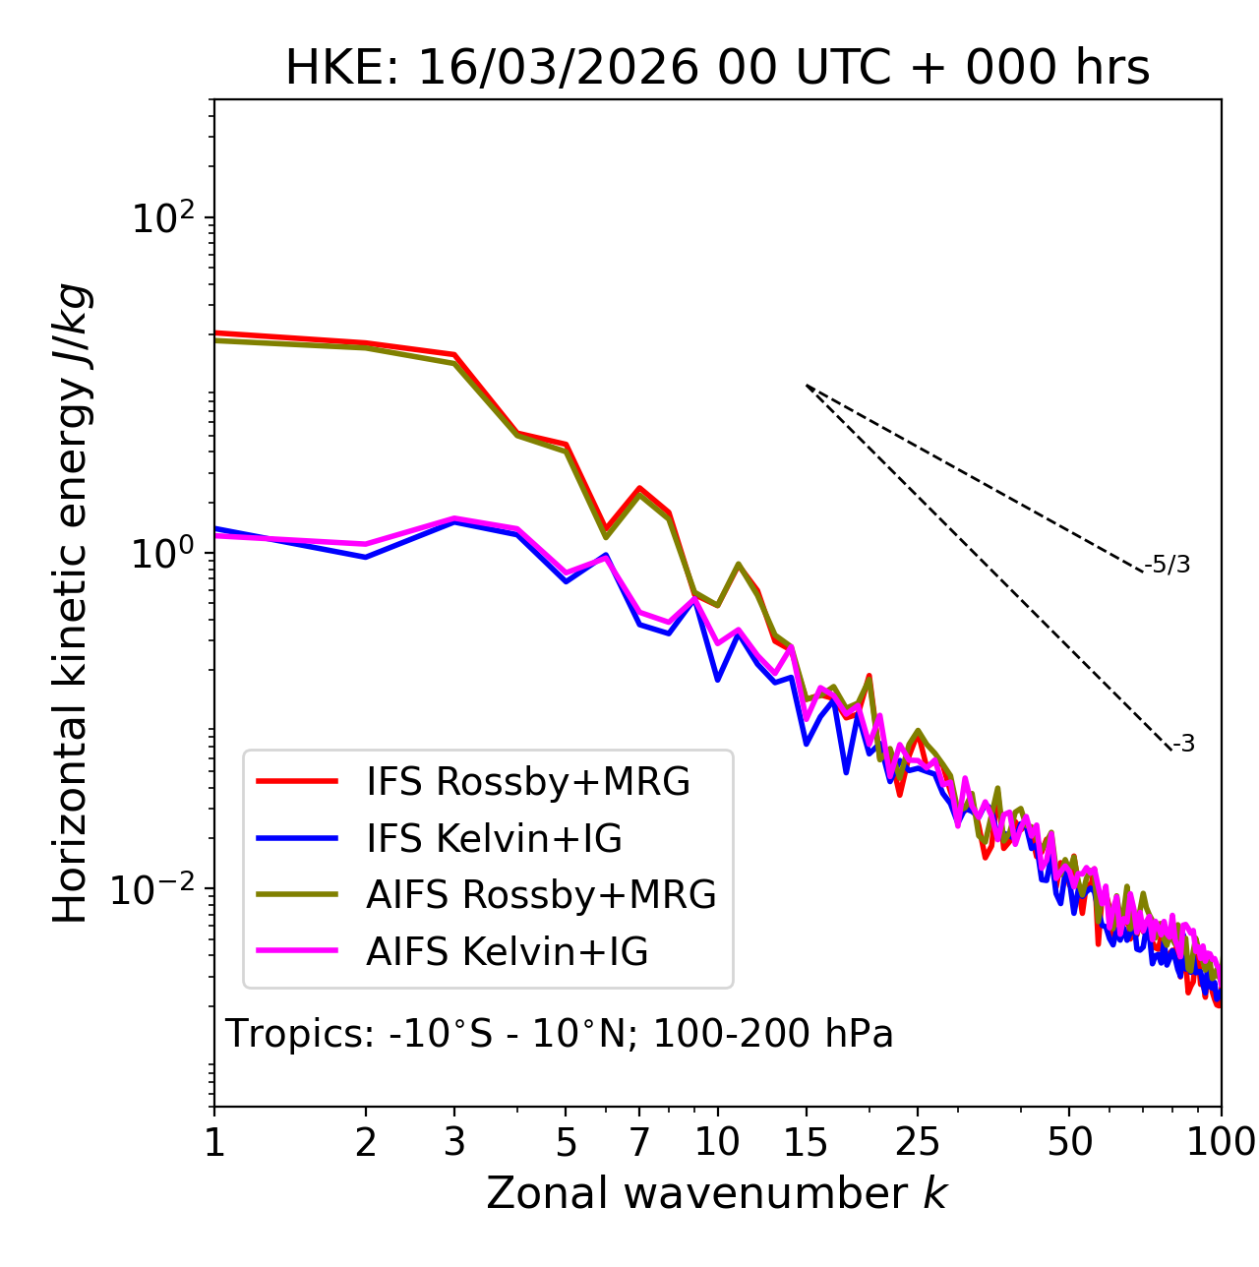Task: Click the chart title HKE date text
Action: (717, 69)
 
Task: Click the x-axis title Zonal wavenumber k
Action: (717, 1193)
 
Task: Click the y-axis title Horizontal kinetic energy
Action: (72, 603)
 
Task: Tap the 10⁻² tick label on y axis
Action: (156, 889)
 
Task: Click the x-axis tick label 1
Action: (214, 1142)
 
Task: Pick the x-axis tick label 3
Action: (454, 1142)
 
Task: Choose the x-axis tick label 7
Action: (639, 1142)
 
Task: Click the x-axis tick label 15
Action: (806, 1142)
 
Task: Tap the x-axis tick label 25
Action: (918, 1142)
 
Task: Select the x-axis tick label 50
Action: (1069, 1142)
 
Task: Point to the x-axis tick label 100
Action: (1221, 1142)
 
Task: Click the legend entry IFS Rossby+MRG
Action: (528, 782)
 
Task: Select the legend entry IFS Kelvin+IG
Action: (494, 839)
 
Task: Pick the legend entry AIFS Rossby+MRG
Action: (541, 895)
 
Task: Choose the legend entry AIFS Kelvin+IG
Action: (508, 952)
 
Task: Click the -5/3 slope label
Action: (1168, 565)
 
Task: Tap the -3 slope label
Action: (1184, 745)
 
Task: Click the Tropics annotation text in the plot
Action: (559, 1034)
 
